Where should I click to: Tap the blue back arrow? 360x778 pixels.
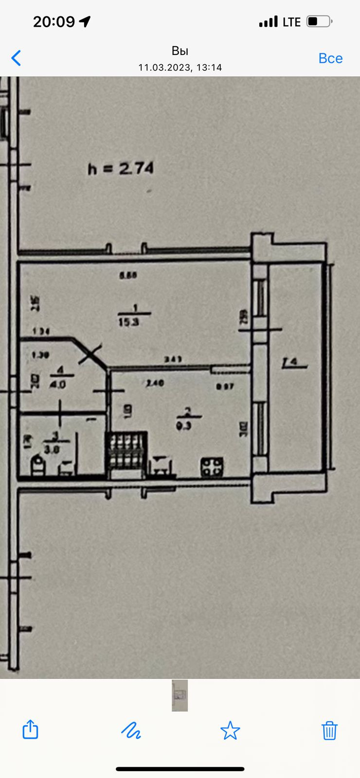point(17,58)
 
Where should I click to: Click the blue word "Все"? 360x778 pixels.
point(330,58)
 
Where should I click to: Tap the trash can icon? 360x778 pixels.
point(329,730)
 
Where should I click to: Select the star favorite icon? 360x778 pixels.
point(230,730)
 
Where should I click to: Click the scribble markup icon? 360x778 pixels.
point(131,730)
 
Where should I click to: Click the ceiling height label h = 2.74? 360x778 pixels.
point(121,169)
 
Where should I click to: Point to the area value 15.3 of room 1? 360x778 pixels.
point(128,322)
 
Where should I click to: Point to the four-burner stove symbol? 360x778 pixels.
point(212,467)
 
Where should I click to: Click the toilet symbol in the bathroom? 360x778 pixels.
point(38,466)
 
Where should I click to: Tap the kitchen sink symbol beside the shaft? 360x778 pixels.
point(162,466)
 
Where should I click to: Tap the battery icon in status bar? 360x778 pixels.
point(319,21)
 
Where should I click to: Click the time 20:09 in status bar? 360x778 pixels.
point(54,21)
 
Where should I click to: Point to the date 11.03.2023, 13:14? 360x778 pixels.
point(180,68)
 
